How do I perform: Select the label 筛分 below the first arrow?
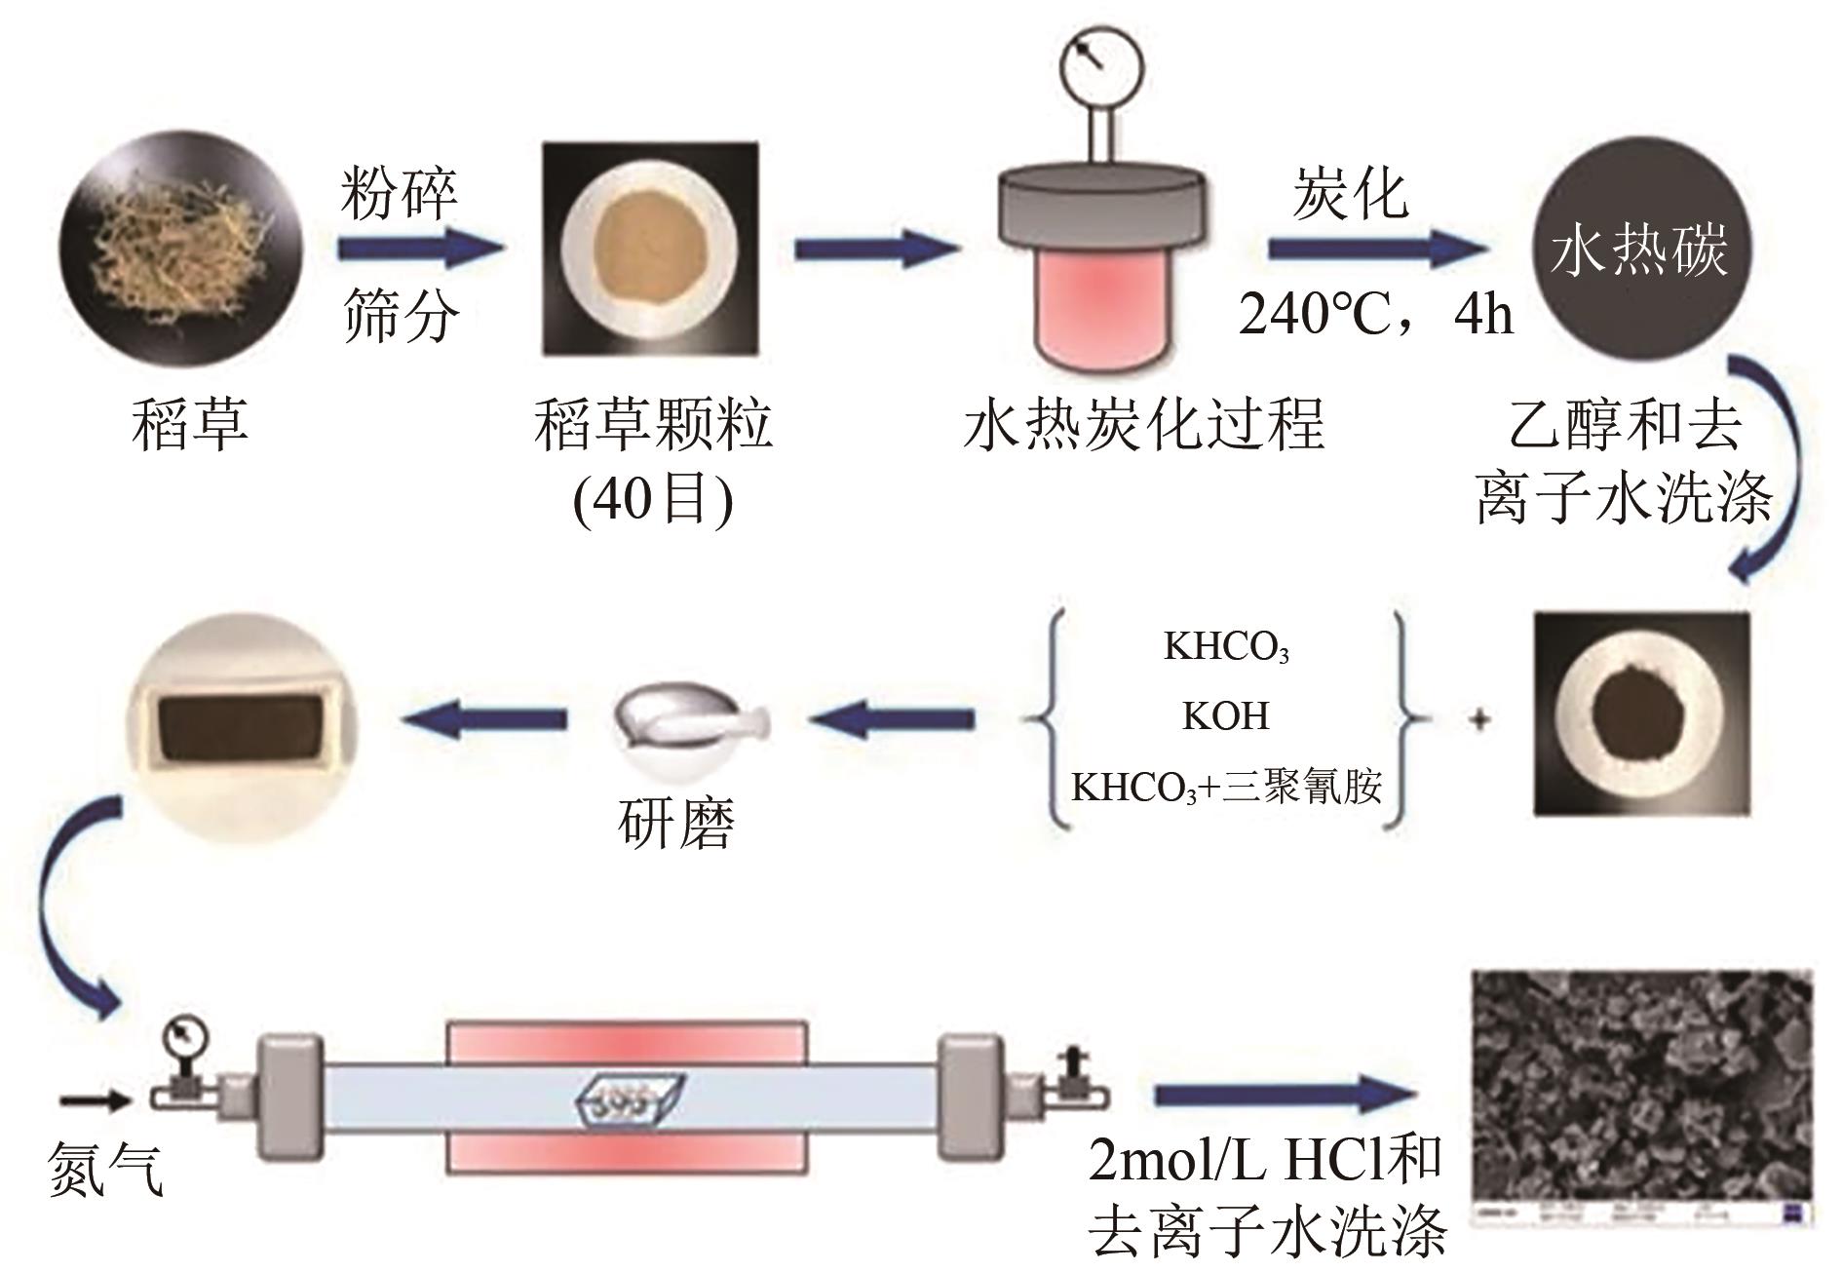pos(399,314)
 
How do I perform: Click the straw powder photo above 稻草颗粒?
pos(650,250)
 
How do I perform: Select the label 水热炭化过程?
pos(1144,425)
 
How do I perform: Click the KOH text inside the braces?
pos(1226,716)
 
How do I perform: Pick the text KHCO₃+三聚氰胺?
pos(1226,786)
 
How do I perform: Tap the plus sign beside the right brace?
pos(1479,721)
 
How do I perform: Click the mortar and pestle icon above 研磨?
pos(689,723)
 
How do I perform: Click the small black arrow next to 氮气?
pos(94,1101)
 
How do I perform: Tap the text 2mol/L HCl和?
pos(1264,1162)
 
